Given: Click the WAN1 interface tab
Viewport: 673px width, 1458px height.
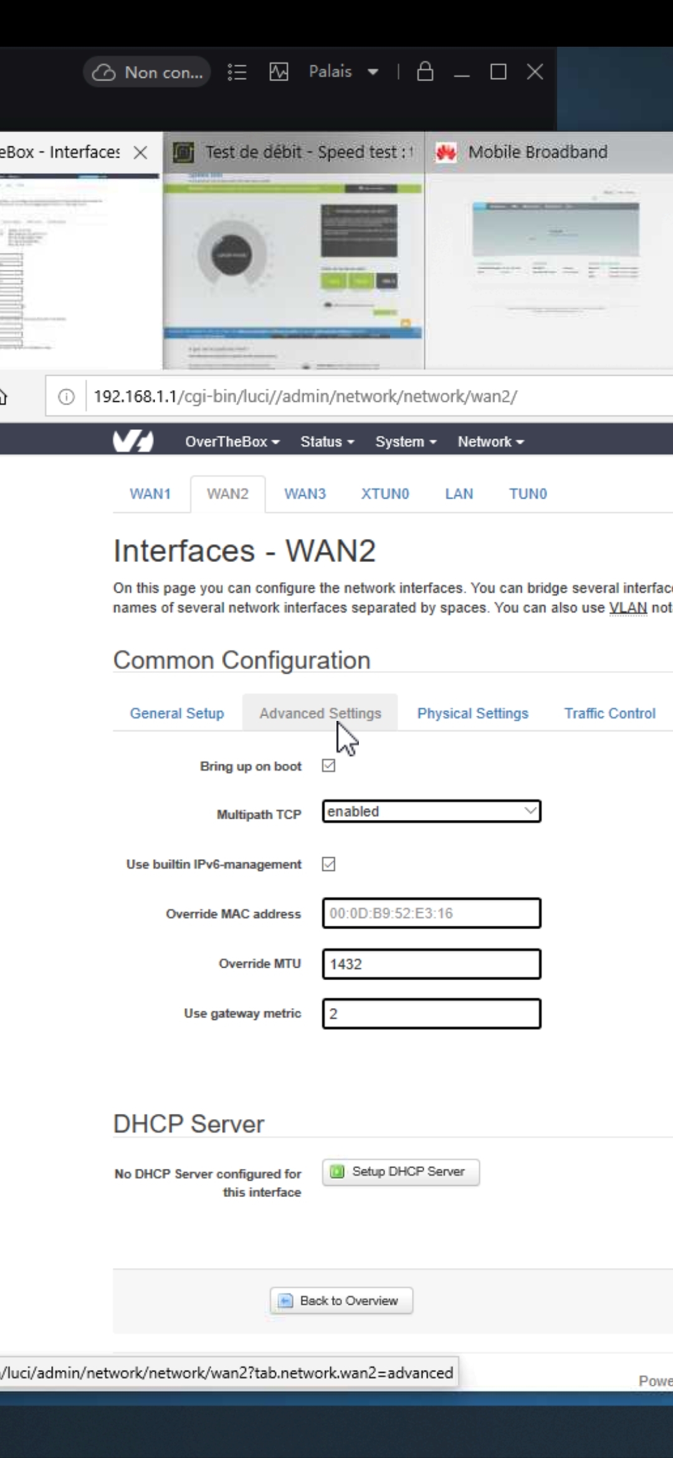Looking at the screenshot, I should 150,494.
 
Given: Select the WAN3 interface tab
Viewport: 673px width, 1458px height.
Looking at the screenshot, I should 305,494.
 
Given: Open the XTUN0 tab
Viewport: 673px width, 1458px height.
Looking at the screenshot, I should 385,494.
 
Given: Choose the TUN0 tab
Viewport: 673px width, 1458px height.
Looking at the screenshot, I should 528,494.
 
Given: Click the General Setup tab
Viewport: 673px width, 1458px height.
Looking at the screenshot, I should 177,713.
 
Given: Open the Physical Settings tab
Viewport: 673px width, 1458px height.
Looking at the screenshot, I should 472,713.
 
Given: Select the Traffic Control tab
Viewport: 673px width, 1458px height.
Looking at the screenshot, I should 609,713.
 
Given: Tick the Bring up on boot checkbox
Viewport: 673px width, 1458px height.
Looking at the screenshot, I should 329,766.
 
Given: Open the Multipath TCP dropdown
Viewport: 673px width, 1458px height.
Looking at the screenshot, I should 431,811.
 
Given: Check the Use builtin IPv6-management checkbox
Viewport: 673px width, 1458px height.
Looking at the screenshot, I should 329,864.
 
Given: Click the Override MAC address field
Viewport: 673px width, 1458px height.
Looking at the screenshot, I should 431,913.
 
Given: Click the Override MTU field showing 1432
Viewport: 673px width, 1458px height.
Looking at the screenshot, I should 431,964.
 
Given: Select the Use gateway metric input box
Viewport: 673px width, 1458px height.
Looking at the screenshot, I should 431,1014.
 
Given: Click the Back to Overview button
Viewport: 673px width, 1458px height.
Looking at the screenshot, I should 341,1301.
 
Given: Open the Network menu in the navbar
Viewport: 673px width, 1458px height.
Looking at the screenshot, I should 490,442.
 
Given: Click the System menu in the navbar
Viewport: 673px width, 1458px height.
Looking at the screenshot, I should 406,442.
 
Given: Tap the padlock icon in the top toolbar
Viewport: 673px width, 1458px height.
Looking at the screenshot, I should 425,72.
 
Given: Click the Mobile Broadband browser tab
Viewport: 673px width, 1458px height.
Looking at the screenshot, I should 537,152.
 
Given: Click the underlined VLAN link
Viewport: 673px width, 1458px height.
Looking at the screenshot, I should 628,608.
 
